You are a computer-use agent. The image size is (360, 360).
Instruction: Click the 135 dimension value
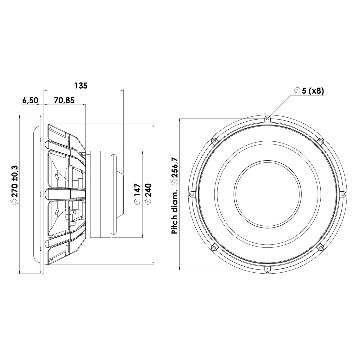pyautogui.click(x=81, y=86)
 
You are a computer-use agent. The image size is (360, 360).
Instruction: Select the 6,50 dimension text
pyautogui.click(x=30, y=100)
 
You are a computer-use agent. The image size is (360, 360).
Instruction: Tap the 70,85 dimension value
pyautogui.click(x=64, y=100)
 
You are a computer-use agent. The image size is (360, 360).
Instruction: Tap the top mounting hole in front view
pyautogui.click(x=267, y=118)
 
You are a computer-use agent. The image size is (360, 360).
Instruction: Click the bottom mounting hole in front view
pyautogui.click(x=267, y=269)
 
